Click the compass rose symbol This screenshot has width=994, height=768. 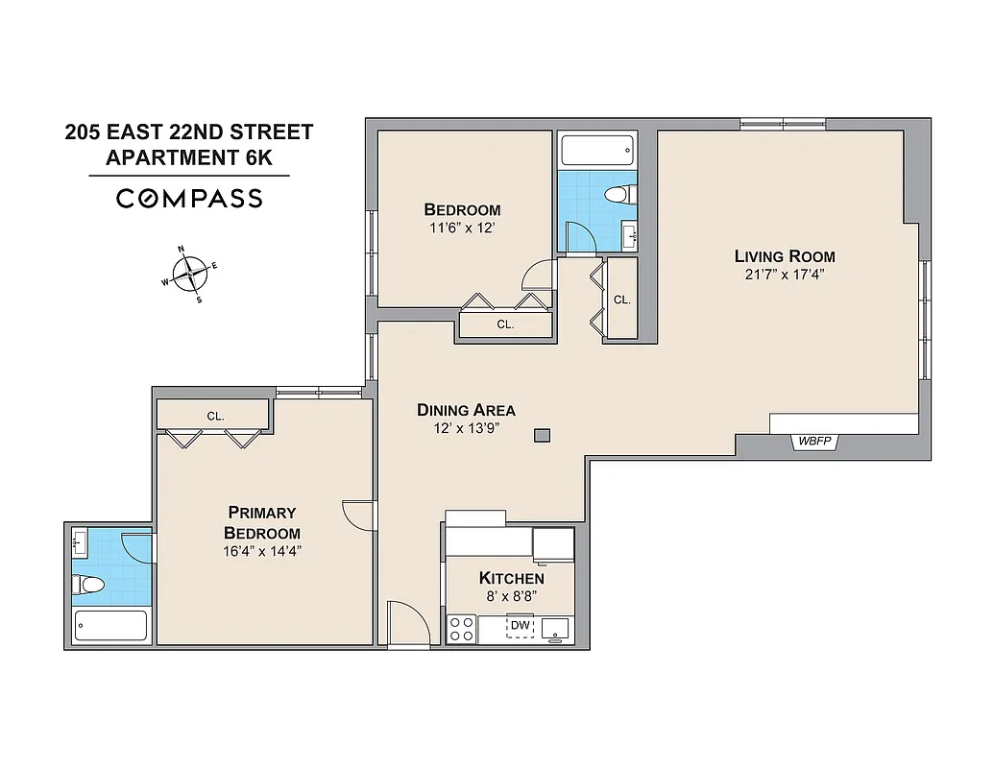pos(190,274)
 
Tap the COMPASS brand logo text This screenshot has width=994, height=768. pos(189,199)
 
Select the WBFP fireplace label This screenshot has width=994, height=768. pos(814,442)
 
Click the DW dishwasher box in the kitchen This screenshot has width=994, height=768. pos(520,627)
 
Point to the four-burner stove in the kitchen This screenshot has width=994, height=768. pos(462,629)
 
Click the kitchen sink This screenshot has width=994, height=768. pos(555,629)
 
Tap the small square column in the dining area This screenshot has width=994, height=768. pos(543,436)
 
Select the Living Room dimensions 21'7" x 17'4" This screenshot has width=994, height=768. pos(785,275)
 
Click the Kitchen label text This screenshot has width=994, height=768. pos(511,578)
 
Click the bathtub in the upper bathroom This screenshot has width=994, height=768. pos(596,151)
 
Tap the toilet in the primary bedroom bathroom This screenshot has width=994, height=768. pos(90,585)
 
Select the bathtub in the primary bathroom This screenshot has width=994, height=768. pos(110,626)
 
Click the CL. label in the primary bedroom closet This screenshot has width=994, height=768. pos(215,416)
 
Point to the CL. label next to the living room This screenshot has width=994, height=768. pos(621,300)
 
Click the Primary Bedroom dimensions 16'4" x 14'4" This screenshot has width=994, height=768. pos(261,551)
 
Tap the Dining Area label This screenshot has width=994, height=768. pos(466,410)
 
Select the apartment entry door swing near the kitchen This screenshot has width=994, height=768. pos(407,624)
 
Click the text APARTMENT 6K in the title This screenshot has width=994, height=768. pos(195,157)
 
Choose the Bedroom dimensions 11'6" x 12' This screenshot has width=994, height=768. pos(462,228)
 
